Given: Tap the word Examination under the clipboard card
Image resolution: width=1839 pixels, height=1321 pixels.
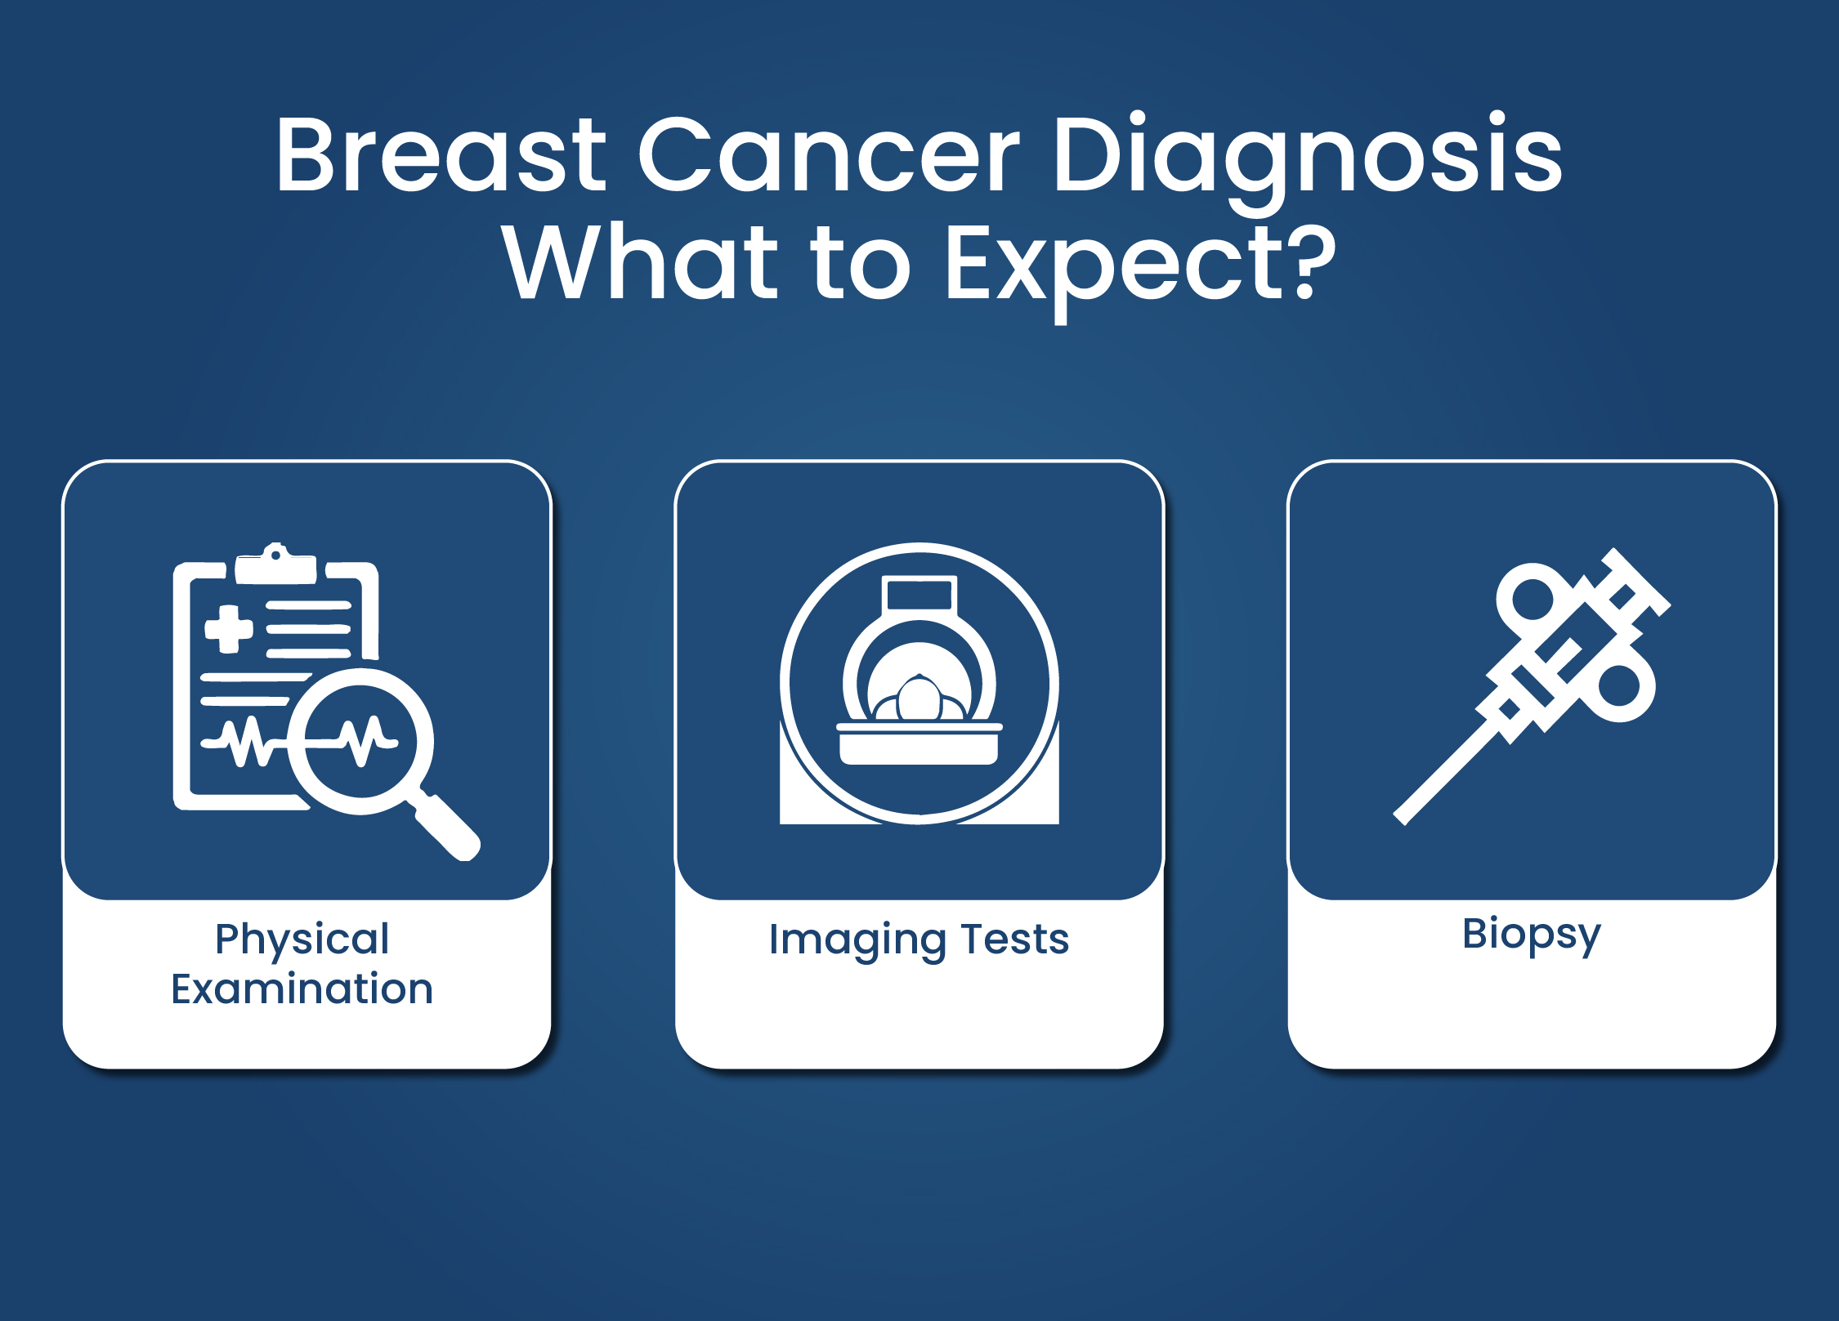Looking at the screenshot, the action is [302, 989].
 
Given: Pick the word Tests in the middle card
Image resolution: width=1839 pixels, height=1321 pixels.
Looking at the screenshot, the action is [1015, 939].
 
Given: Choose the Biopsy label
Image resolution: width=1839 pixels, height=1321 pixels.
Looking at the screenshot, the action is [1532, 935].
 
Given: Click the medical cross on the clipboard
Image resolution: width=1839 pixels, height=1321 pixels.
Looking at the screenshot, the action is [228, 629].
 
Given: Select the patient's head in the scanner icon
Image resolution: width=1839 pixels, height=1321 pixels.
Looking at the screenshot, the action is [919, 698].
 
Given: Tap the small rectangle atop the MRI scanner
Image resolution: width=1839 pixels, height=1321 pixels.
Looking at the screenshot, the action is [919, 594].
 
